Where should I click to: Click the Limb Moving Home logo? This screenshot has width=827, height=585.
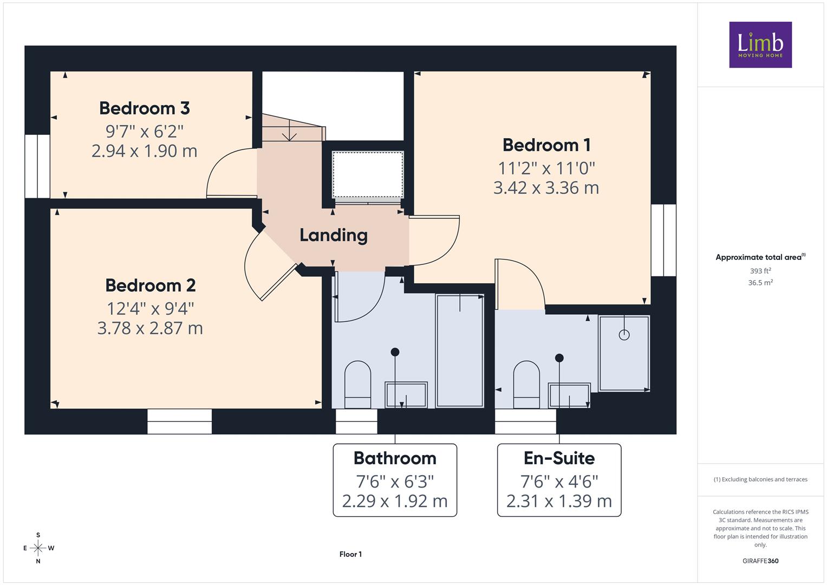(760, 44)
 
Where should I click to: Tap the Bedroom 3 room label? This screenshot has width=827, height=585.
(145, 108)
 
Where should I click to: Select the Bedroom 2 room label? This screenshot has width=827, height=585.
(150, 285)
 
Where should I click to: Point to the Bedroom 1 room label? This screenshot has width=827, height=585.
(546, 145)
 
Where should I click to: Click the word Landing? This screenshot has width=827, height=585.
(334, 236)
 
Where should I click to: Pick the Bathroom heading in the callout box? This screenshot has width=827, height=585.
(395, 458)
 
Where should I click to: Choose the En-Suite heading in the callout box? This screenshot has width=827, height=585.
(559, 458)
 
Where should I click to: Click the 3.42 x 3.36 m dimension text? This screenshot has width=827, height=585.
(546, 188)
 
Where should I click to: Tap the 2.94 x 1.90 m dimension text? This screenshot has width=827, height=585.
(145, 152)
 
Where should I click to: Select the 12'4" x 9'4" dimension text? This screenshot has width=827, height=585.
(150, 308)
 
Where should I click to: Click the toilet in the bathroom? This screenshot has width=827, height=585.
(357, 384)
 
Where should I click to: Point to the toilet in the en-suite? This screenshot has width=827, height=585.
(526, 384)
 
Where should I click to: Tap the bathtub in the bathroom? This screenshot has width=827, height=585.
(460, 351)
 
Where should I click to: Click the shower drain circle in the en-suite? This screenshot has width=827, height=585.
(624, 335)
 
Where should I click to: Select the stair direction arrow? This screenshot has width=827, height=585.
(289, 130)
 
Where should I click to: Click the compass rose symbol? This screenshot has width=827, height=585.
(38, 548)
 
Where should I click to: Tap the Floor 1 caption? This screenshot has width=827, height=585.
(350, 554)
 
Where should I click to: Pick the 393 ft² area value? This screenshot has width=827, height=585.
(760, 271)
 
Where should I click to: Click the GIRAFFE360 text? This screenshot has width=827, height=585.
(760, 561)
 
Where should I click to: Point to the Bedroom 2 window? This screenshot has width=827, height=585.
(179, 421)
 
